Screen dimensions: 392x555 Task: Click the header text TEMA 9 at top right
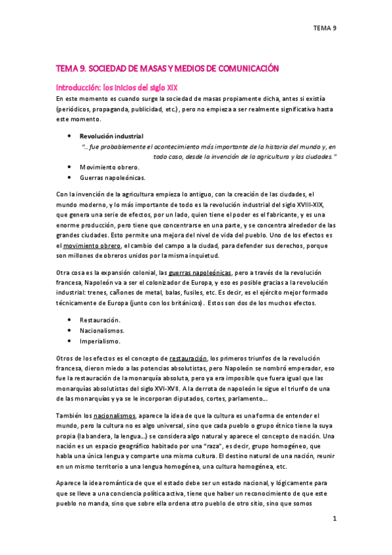325,27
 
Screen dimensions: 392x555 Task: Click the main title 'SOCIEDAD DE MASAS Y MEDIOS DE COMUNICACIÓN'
168,68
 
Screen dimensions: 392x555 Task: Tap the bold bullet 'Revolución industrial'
107,136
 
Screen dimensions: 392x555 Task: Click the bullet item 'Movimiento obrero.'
109,168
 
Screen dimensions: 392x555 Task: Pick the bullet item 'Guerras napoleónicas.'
113,177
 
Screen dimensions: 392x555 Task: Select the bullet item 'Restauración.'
100,321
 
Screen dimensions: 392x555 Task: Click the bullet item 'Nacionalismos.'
103,331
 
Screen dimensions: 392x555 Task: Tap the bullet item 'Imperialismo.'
101,341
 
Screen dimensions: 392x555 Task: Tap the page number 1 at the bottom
334,519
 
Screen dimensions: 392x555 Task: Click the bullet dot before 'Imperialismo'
69,341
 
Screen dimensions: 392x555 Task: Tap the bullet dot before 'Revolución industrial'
69,136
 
